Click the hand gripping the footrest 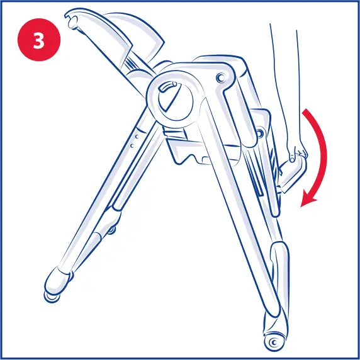click(x=298, y=149)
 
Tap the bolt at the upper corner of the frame click(x=220, y=77)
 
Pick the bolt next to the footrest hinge click(x=259, y=133)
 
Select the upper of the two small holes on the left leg click(x=135, y=135)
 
